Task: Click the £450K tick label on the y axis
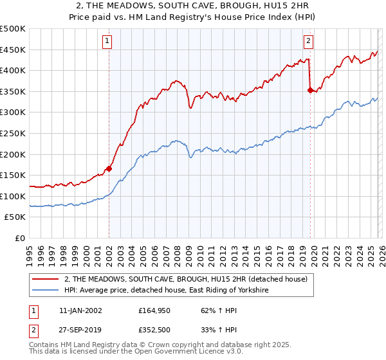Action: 13,50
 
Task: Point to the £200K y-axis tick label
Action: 13,154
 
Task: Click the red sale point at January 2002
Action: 109,169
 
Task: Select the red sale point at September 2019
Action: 310,91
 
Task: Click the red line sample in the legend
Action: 46,279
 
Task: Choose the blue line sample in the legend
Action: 46,291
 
